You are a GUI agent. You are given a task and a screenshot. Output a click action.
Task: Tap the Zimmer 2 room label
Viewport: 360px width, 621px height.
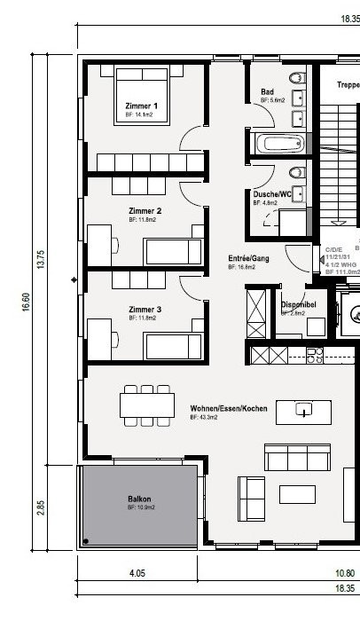144,210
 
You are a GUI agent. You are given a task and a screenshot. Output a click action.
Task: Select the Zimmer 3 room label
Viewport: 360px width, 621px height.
144,309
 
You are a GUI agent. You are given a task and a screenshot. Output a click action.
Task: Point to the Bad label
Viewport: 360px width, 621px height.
267,92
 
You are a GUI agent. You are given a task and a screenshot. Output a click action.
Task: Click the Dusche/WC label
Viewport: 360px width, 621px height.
271,193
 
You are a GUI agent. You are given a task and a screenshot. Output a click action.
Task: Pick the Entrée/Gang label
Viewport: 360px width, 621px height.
247,257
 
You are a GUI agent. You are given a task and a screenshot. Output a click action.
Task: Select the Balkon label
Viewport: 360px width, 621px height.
140,499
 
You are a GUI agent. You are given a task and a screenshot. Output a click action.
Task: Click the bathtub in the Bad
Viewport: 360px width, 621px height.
278,144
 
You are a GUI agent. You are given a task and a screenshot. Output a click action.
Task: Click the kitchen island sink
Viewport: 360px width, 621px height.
302,410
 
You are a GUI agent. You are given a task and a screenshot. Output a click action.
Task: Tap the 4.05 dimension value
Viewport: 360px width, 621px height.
137,574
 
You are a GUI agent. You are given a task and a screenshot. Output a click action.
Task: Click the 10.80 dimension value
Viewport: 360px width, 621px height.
342,574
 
